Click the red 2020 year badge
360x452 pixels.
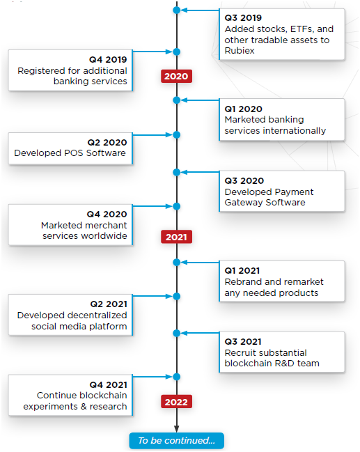coord(176,76)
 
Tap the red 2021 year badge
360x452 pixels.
coord(176,237)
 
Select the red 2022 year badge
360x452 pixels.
coord(176,402)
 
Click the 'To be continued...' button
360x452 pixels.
coord(176,440)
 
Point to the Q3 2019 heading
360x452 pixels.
coord(243,18)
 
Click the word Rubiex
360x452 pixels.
coord(240,51)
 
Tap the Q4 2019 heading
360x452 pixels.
coord(108,60)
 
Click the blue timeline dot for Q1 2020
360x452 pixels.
coord(177,100)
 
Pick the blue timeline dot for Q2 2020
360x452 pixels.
coord(177,135)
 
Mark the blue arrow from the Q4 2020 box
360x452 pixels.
coord(152,206)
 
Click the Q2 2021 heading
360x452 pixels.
coord(109,304)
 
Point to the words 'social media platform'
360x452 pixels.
coord(79,327)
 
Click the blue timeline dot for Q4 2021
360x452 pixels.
coord(177,377)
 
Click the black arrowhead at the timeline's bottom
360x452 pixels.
coord(177,428)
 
